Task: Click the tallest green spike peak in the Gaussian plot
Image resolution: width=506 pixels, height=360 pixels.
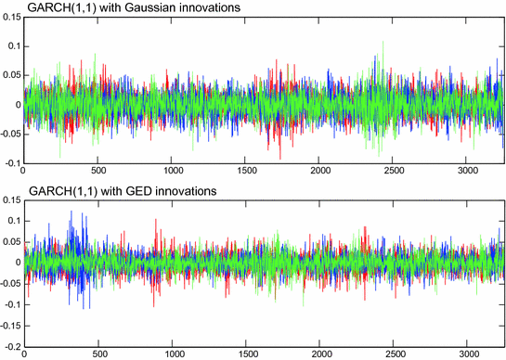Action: coord(383,42)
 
